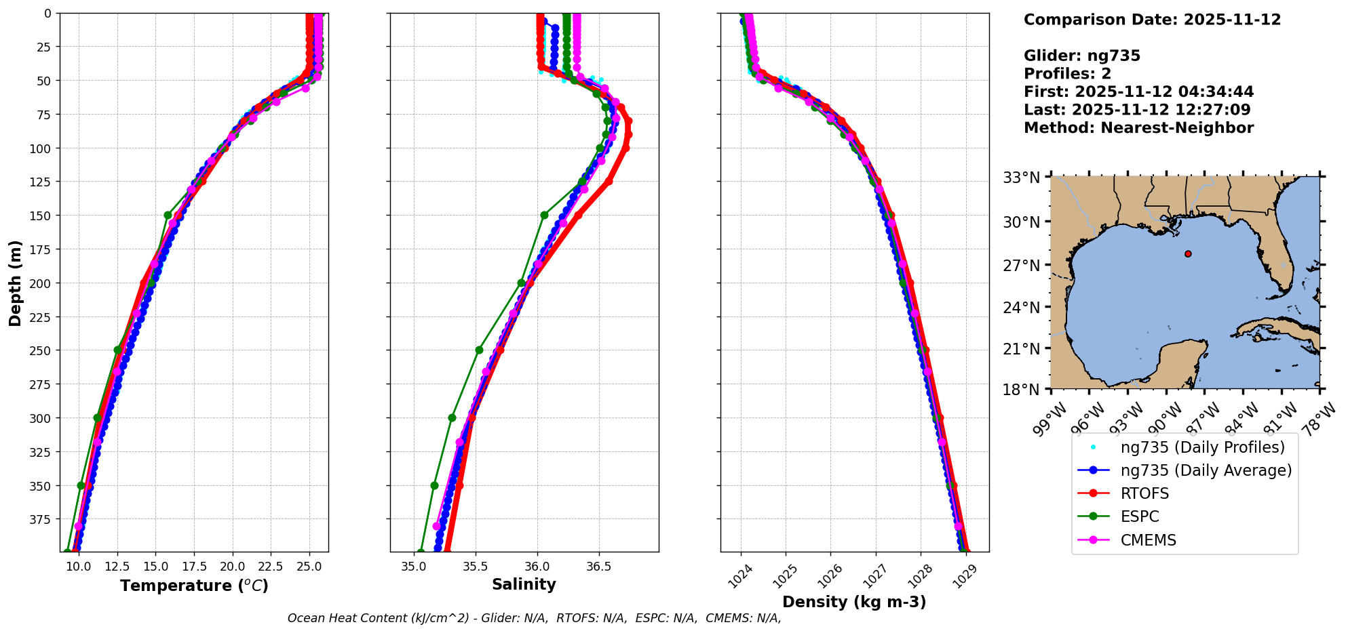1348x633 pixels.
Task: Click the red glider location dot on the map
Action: pos(1188,253)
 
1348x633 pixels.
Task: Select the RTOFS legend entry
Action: pos(1144,493)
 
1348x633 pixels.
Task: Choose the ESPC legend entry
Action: pos(1140,516)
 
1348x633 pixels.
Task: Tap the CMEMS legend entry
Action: pos(1148,540)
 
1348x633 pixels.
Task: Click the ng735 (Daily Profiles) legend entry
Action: pos(1202,447)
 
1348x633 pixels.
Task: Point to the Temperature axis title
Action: pos(194,586)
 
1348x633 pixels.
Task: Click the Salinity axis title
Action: pos(524,584)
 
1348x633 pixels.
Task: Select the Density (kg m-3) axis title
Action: pos(854,602)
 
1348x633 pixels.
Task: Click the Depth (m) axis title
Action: pos(15,283)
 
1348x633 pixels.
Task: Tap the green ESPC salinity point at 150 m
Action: pos(544,215)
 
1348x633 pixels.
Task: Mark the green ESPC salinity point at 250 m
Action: pos(479,350)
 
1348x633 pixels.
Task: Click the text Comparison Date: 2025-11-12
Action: pos(1152,20)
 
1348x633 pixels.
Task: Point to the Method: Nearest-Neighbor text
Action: pos(1138,127)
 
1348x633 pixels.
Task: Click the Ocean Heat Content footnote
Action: pos(534,618)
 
